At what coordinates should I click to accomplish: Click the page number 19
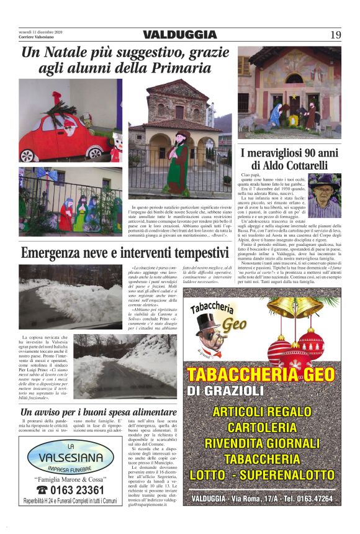coord(335,35)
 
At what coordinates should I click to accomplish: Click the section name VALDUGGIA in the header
coord(179,35)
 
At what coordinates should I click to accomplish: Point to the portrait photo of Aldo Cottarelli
coord(324,196)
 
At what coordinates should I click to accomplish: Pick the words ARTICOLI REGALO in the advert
coord(262,411)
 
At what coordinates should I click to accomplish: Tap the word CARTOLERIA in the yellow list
coord(262,427)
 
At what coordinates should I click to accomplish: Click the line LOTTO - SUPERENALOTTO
coord(262,475)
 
